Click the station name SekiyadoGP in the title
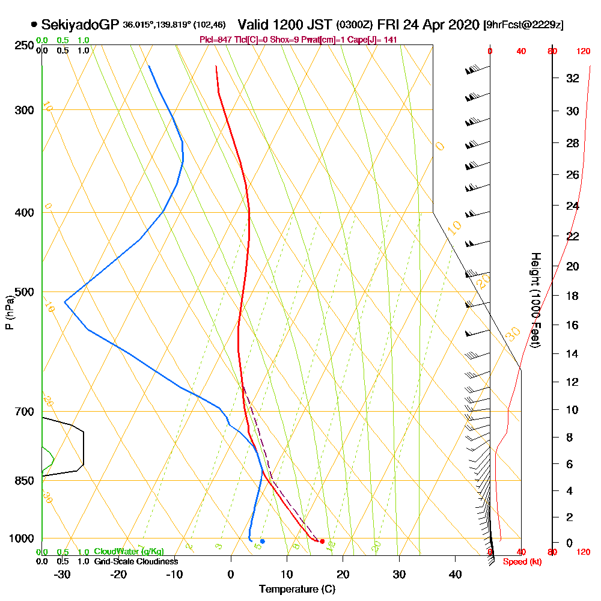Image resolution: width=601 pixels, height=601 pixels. (80, 25)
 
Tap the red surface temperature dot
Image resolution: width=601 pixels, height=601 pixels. (322, 542)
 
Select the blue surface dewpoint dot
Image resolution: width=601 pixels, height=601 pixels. (262, 542)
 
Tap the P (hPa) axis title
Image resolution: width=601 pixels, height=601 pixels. (10, 312)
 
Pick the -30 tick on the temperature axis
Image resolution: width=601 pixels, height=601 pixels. (62, 574)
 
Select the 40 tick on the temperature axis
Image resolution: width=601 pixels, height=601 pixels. (455, 574)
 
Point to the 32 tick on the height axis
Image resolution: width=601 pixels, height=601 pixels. (573, 78)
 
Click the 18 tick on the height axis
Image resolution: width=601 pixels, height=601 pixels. (573, 296)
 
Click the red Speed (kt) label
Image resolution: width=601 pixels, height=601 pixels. (519, 562)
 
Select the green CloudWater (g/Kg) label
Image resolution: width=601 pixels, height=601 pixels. (129, 552)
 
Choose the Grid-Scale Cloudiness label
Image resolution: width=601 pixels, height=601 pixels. (135, 561)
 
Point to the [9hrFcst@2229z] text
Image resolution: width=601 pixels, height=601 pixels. (523, 25)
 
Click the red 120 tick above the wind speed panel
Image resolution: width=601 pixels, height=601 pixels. (583, 52)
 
